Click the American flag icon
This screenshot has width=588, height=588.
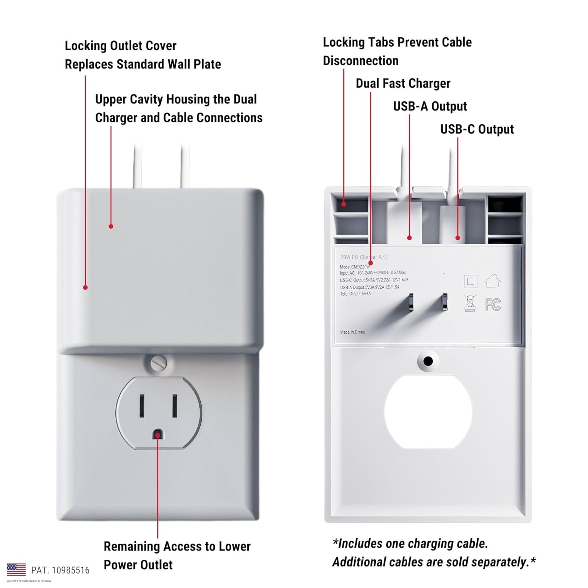[16, 570]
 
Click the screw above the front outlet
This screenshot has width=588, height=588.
[159, 363]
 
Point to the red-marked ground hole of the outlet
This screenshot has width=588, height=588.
[158, 435]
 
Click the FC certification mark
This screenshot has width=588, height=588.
[493, 304]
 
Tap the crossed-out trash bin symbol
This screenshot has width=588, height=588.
[470, 303]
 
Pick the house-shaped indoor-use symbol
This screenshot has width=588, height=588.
[492, 281]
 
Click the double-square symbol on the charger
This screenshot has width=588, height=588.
[470, 281]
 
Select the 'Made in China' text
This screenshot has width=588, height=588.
[352, 332]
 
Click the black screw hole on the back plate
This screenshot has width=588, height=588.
[428, 361]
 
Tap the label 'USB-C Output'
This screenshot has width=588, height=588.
[477, 129]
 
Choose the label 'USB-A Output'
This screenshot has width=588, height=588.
[430, 107]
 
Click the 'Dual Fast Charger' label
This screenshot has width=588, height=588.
[403, 83]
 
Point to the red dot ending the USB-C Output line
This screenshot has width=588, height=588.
[457, 238]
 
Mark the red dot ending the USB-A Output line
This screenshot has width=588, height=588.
[409, 238]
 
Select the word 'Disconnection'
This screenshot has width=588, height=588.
[361, 61]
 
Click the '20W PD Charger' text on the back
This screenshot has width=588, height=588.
[358, 257]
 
